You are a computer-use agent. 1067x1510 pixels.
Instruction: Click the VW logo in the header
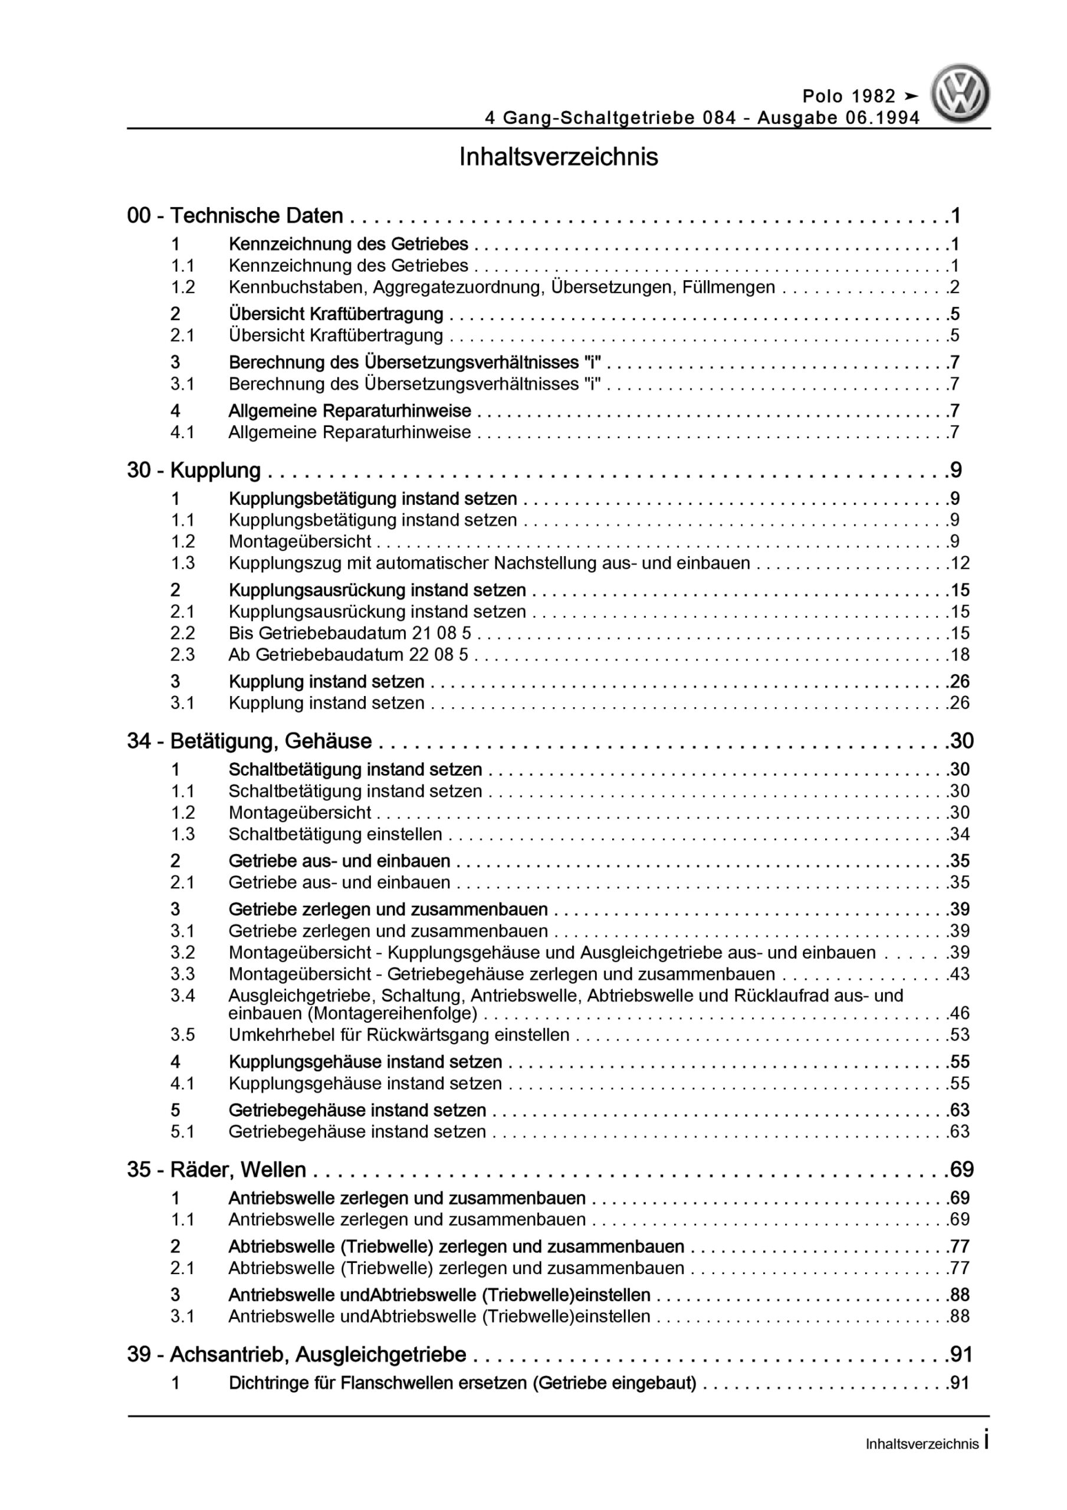pos(960,94)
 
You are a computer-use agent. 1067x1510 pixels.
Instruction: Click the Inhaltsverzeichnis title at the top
pos(559,158)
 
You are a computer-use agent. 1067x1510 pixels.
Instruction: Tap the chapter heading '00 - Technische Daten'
pos(235,216)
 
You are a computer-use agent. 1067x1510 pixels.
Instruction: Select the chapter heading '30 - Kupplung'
pos(194,470)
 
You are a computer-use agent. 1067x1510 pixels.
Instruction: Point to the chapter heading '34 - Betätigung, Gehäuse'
pos(249,741)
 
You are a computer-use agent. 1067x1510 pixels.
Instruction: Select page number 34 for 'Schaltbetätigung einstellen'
pos(959,834)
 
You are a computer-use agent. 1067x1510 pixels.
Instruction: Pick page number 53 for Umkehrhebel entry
pos(959,1035)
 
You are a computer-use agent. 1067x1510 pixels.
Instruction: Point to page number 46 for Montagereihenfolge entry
pos(959,1013)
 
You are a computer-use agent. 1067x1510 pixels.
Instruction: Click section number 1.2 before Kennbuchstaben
pos(183,287)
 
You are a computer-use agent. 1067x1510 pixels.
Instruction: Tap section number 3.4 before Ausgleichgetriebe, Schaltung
pos(183,996)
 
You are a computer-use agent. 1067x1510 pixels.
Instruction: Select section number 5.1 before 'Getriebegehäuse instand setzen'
pos(183,1131)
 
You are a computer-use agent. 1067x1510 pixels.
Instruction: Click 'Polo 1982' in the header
pos(849,97)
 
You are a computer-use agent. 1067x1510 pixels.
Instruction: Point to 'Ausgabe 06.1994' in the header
pos(838,118)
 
